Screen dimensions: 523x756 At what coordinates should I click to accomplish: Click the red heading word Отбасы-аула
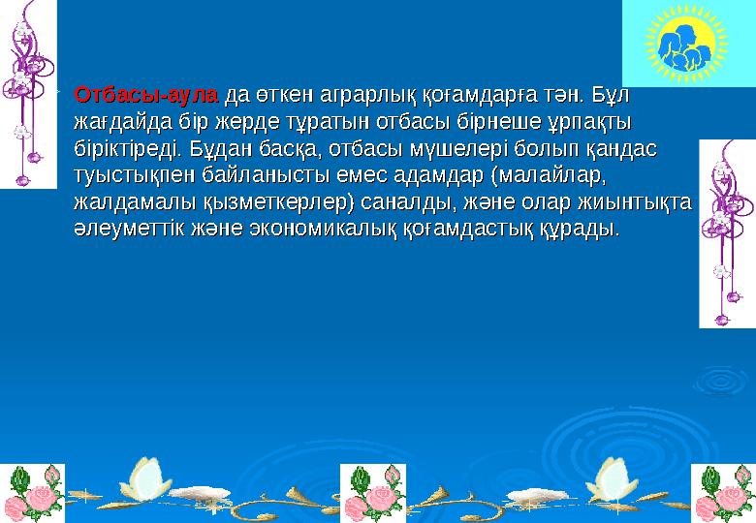click(147, 96)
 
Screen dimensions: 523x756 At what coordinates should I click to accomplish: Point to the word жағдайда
click(123, 123)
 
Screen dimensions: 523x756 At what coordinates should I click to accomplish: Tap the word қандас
click(617, 150)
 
